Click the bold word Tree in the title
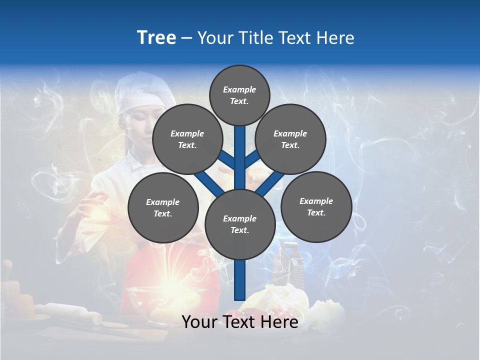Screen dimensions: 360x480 pos(156,38)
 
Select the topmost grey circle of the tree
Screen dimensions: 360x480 pos(239,95)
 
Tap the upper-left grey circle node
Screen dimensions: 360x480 pos(187,139)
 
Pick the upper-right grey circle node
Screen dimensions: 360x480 pos(290,139)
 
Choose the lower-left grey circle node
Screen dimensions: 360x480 pos(163,208)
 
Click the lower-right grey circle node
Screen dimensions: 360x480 pos(316,206)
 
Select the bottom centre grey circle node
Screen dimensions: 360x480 pos(240,224)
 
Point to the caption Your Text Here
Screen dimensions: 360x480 pos(240,322)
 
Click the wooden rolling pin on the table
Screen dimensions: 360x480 pos(70,312)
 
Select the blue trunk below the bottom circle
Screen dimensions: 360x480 pos(240,280)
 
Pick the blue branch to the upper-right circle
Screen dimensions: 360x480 pos(252,159)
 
